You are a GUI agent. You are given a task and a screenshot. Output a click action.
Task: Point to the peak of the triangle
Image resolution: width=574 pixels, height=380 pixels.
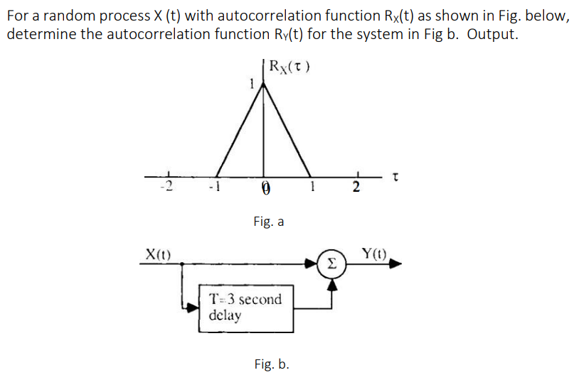(265, 82)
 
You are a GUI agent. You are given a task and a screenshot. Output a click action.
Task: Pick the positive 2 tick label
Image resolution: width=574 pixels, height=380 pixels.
(357, 188)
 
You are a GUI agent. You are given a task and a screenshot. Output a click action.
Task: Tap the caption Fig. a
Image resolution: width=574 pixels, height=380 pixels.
(268, 222)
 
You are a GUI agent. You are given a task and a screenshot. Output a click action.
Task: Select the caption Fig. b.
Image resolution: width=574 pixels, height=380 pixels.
(271, 364)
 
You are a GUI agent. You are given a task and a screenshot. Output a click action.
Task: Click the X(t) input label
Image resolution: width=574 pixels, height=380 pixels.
(157, 253)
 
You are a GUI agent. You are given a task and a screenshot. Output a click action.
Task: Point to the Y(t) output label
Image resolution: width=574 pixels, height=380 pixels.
(374, 253)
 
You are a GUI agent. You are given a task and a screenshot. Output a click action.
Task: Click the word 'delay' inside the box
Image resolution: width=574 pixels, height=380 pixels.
(225, 314)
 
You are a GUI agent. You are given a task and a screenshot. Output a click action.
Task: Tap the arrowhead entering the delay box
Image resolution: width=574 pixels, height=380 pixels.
(192, 308)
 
